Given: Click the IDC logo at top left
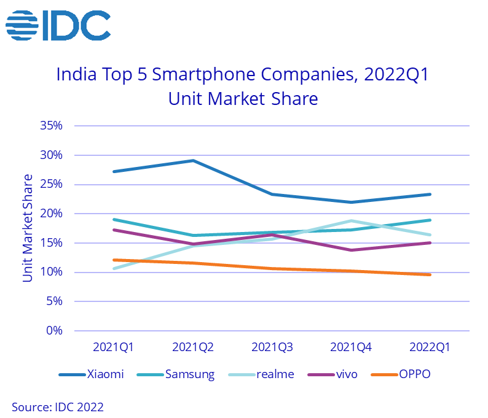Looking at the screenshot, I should [58, 25].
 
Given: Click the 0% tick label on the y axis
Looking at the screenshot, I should [54, 331].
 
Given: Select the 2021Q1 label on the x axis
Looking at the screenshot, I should [113, 347].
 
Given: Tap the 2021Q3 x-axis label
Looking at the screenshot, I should [272, 347].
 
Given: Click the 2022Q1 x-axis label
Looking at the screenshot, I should [430, 347].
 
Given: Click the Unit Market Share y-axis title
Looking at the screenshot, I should [28, 228].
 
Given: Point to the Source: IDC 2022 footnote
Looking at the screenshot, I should [58, 406].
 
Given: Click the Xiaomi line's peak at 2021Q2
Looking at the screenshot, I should [193, 161].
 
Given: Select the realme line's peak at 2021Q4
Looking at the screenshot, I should [351, 221].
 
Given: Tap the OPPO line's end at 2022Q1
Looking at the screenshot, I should [430, 274].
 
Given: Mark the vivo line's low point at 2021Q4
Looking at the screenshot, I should [351, 250].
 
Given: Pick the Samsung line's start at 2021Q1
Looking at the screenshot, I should [114, 219].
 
